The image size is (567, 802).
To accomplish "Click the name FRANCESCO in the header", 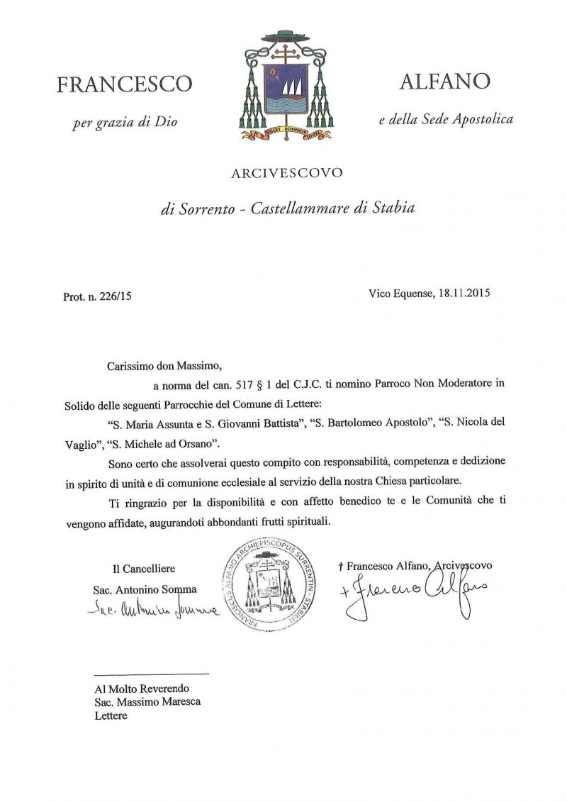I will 124,84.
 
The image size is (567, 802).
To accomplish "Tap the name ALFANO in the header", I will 444,82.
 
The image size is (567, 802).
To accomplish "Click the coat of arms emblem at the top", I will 283,85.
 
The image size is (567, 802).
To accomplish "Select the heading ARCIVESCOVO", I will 287,172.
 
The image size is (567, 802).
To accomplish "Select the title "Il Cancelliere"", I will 144,568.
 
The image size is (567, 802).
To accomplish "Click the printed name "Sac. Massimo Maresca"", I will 147,701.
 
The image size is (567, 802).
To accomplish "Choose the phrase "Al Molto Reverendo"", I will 142,688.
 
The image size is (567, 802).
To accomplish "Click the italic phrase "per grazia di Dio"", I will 125,123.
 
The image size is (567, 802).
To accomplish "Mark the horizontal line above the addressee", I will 152,673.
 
